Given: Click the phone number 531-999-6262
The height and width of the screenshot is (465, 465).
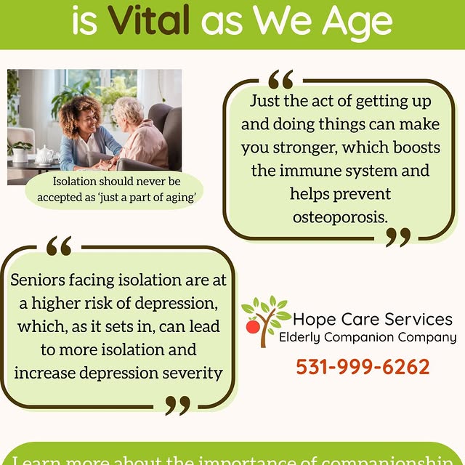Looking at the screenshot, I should (x=363, y=366).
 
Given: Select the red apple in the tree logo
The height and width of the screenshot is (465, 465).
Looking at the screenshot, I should (x=253, y=327).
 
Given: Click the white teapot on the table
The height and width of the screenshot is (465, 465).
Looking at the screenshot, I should (x=47, y=153).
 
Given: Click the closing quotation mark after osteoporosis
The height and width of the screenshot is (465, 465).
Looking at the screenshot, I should (x=397, y=236).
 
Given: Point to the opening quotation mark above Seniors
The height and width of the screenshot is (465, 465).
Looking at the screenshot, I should (x=59, y=247).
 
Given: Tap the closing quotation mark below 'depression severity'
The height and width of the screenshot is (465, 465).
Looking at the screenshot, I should (x=177, y=405).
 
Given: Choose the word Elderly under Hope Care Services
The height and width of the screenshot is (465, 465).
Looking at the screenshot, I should (x=302, y=338).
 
